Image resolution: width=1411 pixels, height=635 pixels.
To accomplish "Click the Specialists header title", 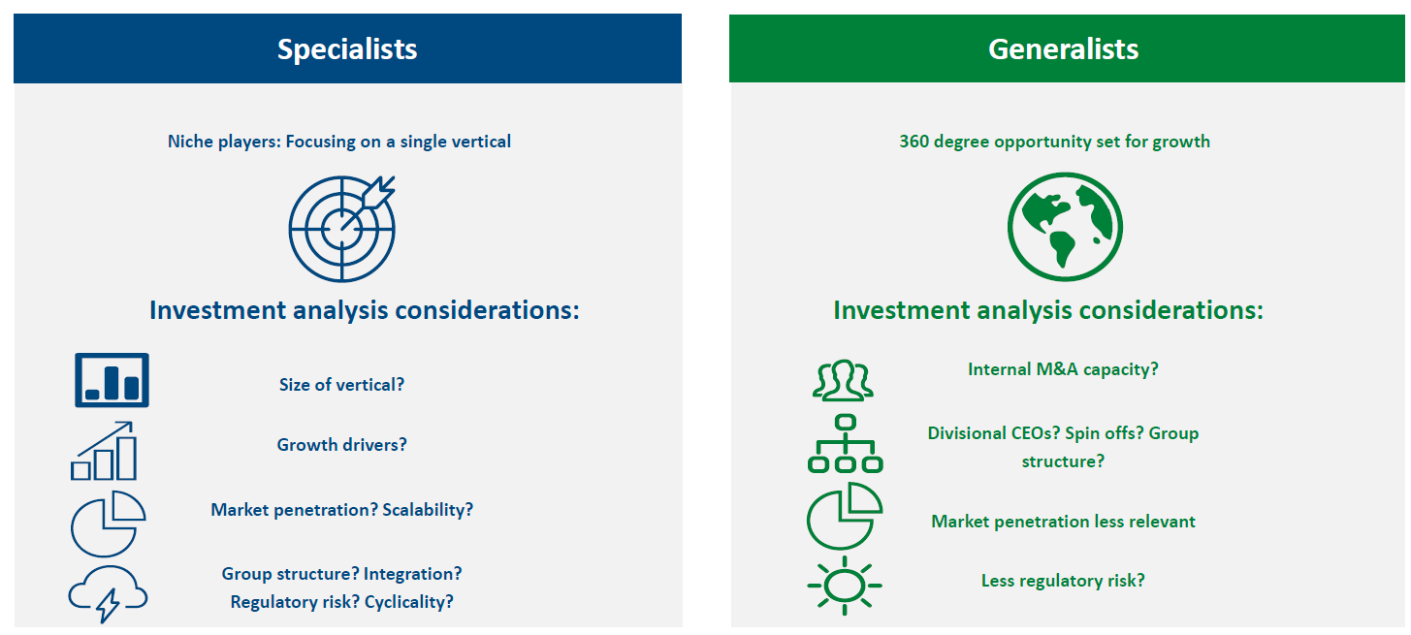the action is click(347, 49).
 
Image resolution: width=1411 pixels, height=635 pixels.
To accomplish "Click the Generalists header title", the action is click(1063, 49).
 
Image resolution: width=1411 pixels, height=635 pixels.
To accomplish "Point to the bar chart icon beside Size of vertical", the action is click(112, 380).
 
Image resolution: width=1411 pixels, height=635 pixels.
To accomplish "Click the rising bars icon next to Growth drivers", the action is click(104, 451).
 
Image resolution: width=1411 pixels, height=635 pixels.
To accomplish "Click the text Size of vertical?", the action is click(341, 385).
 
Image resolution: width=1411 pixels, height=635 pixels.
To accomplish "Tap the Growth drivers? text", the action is click(341, 445).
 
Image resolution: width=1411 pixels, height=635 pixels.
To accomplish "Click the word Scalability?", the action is click(428, 510).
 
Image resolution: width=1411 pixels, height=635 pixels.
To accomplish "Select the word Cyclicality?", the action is click(409, 602).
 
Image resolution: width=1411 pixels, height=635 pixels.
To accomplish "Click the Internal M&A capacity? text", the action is click(1063, 369).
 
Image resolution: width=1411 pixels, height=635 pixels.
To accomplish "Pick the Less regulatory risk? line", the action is click(1063, 580).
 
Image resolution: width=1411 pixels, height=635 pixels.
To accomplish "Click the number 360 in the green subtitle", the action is click(914, 142).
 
